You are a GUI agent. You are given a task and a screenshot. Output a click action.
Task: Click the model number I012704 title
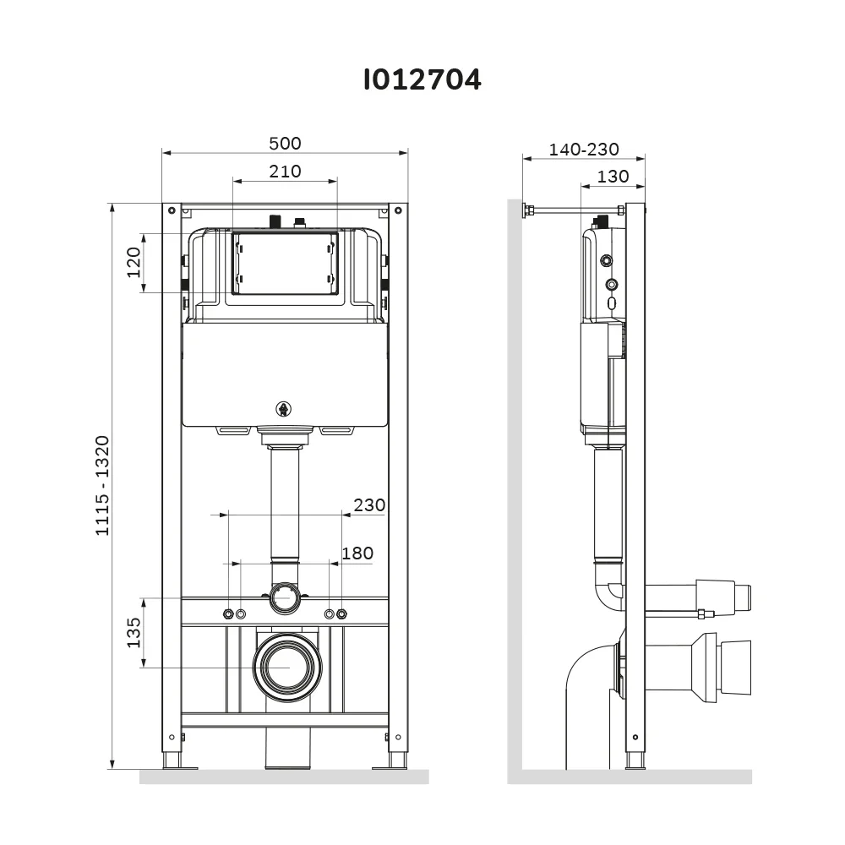pos(422,79)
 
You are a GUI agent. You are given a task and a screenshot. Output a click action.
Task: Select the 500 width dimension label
pos(285,144)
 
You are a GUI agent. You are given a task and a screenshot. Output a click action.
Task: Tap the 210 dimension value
pos(285,172)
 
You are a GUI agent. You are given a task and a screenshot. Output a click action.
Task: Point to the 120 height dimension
pos(134,263)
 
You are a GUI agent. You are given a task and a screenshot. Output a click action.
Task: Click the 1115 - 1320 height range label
pos(102,486)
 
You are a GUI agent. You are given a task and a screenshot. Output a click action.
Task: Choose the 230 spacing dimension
pos(369,505)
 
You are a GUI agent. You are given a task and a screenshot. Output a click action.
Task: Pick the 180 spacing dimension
pos(357,553)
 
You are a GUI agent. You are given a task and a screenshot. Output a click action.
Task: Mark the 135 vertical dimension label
pos(134,633)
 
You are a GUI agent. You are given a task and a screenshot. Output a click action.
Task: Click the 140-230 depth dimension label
pos(584,150)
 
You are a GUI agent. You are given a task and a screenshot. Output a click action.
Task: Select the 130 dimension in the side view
pos(613,177)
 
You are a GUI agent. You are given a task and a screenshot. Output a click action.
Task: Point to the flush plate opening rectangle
pos(285,264)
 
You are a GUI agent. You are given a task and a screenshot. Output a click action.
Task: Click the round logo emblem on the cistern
pos(283,409)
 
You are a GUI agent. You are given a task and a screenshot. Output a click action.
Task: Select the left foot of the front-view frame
pos(173,760)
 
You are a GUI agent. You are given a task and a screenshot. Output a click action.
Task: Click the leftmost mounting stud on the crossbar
pos(228,613)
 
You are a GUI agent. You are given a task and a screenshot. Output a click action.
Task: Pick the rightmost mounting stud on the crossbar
pos(341,613)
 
